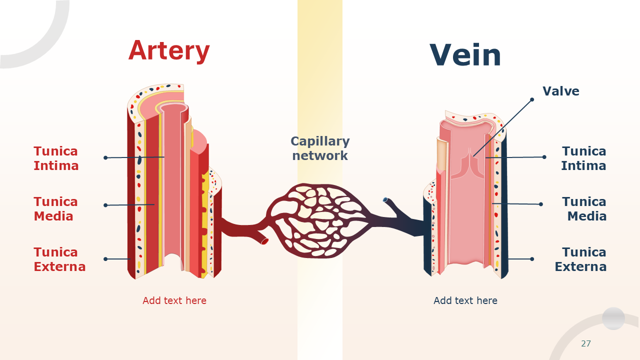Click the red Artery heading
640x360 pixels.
tap(169, 50)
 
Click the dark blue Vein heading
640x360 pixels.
tap(465, 55)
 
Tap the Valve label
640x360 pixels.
tap(561, 91)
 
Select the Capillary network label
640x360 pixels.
tap(320, 148)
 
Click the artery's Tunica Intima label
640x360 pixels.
tap(56, 158)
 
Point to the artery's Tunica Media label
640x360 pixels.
tap(56, 208)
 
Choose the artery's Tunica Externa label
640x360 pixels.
tap(59, 259)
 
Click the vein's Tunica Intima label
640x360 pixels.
tap(583, 158)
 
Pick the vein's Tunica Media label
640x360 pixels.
tap(584, 208)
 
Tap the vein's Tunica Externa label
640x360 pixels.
tap(580, 259)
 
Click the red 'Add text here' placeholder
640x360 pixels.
tap(174, 300)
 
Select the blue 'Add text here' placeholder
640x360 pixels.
tap(465, 300)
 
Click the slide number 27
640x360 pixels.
tap(586, 343)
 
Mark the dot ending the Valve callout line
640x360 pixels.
tap(532, 99)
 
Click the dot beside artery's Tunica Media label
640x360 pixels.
tap(105, 205)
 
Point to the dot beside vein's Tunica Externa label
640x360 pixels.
tap(532, 259)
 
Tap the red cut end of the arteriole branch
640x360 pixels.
tap(264, 241)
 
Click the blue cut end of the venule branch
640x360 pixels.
tap(385, 199)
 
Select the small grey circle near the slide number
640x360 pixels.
tap(613, 318)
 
